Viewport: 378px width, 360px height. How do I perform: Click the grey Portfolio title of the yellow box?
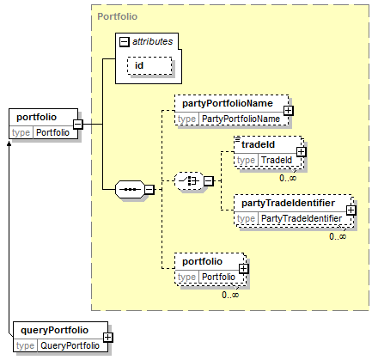[118, 16]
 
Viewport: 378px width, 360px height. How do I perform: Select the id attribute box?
[149, 65]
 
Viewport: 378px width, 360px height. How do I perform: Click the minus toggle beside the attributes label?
[124, 42]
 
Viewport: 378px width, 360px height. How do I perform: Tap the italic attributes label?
[153, 41]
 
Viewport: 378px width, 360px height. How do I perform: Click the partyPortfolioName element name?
[228, 103]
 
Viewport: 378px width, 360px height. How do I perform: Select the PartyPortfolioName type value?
[241, 119]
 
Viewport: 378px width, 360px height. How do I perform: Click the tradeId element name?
[258, 144]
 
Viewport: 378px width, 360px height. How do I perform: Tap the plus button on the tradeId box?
[301, 152]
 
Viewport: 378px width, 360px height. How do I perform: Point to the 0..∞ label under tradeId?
[288, 178]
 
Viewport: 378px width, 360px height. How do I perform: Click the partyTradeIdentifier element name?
[288, 203]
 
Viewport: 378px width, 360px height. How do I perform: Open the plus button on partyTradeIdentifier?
[351, 211]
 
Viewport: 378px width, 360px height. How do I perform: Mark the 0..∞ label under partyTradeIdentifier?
[338, 236]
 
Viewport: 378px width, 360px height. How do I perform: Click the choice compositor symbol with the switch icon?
[189, 180]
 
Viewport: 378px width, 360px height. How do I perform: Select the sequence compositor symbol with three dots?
[130, 189]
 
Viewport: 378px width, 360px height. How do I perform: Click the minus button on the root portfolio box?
[78, 125]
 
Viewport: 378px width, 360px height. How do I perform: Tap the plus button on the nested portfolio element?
[244, 269]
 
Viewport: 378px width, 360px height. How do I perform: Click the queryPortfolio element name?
[54, 330]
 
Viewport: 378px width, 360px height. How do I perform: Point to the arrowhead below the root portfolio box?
[9, 143]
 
